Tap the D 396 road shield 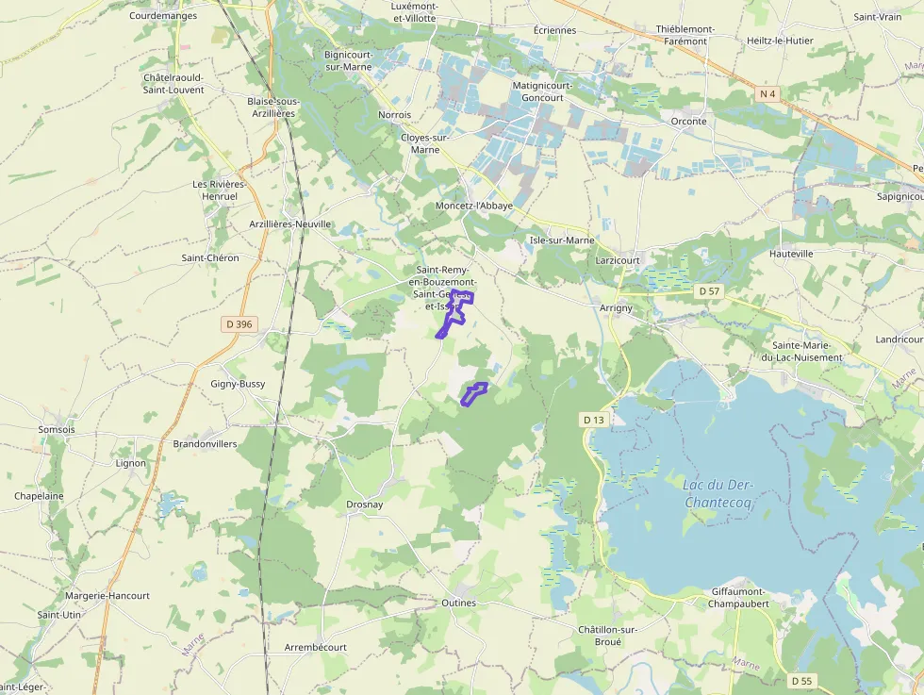pyautogui.click(x=240, y=324)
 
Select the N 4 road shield pyautogui.click(x=768, y=93)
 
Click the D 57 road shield pyautogui.click(x=709, y=291)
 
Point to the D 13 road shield pyautogui.click(x=593, y=420)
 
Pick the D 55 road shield pyautogui.click(x=801, y=681)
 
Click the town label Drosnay pyautogui.click(x=365, y=505)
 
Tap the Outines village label pyautogui.click(x=459, y=603)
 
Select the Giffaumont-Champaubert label pyautogui.click(x=739, y=598)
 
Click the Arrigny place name pyautogui.click(x=617, y=308)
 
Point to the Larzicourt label pyautogui.click(x=619, y=259)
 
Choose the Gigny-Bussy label pyautogui.click(x=238, y=384)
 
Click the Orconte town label pyautogui.click(x=688, y=122)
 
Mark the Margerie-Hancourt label pyautogui.click(x=107, y=596)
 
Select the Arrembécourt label pyautogui.click(x=316, y=648)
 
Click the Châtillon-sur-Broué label pyautogui.click(x=608, y=636)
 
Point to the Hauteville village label pyautogui.click(x=791, y=255)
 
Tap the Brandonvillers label pyautogui.click(x=206, y=443)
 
